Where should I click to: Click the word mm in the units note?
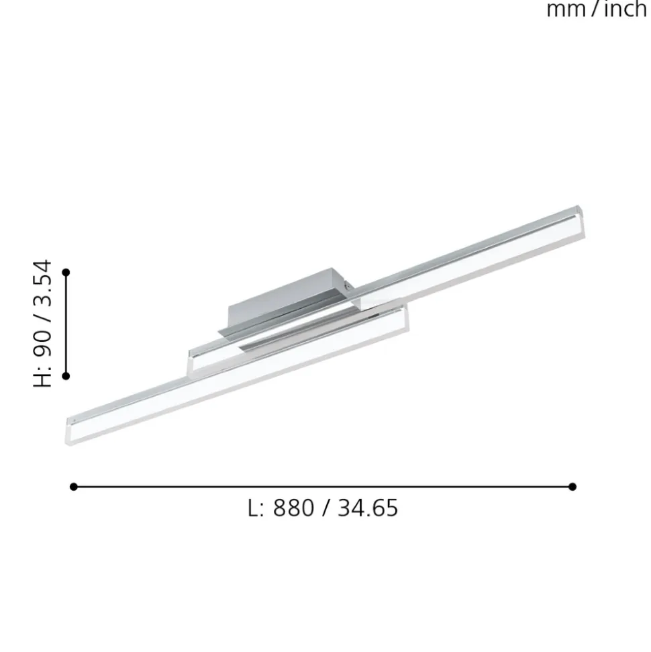click(x=566, y=9)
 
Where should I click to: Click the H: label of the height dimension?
click(x=43, y=377)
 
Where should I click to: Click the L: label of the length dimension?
click(x=256, y=508)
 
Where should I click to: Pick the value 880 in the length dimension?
click(x=293, y=508)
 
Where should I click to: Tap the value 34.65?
click(x=368, y=508)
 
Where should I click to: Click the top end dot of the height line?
click(x=66, y=272)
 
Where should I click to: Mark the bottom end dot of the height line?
click(x=66, y=376)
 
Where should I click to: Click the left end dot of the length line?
click(x=74, y=486)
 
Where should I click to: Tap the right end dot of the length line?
click(x=572, y=486)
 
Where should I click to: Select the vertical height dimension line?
click(x=66, y=324)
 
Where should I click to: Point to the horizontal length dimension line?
click(x=322, y=486)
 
